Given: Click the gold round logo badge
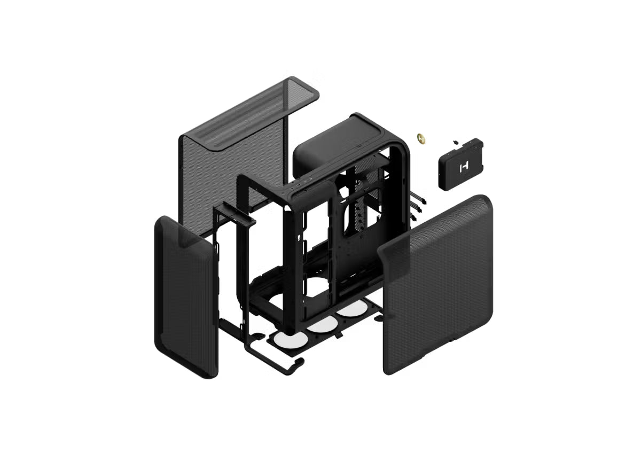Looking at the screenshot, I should pos(421,138).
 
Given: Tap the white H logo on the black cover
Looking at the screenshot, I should pos(463,167).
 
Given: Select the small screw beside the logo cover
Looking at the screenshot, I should pos(455,142).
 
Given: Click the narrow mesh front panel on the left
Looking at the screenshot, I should pos(184,299).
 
